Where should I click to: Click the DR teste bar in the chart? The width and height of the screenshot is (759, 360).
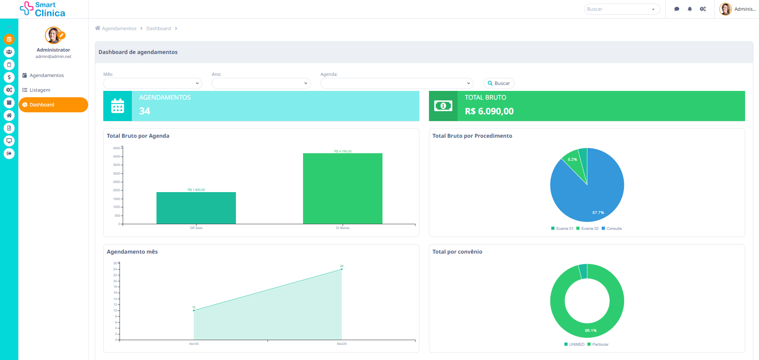(196, 208)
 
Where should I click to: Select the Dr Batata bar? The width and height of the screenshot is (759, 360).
(342, 189)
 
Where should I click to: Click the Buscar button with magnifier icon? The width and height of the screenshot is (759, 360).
(498, 83)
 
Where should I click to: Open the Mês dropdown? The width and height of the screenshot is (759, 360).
(153, 83)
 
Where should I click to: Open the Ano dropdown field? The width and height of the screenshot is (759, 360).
(261, 83)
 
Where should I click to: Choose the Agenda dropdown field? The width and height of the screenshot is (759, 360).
(397, 83)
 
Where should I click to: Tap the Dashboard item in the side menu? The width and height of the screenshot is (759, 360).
(53, 105)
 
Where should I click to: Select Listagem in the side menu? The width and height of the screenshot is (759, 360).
(40, 90)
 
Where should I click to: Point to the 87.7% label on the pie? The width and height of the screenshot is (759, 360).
(598, 213)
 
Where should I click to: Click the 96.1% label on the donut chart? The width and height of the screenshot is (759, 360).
(591, 331)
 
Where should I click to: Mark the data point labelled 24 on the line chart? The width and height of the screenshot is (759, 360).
(342, 269)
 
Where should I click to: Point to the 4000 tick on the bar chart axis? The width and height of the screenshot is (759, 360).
(116, 156)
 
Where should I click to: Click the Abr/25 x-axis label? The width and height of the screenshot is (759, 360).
(194, 344)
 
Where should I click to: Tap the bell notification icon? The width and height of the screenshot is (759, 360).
(689, 9)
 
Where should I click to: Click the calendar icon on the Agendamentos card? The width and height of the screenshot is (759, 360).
(118, 106)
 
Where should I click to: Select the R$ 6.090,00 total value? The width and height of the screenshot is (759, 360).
(489, 112)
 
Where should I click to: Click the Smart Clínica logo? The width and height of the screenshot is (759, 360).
(43, 9)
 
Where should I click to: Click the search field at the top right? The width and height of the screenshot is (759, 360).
(618, 9)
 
